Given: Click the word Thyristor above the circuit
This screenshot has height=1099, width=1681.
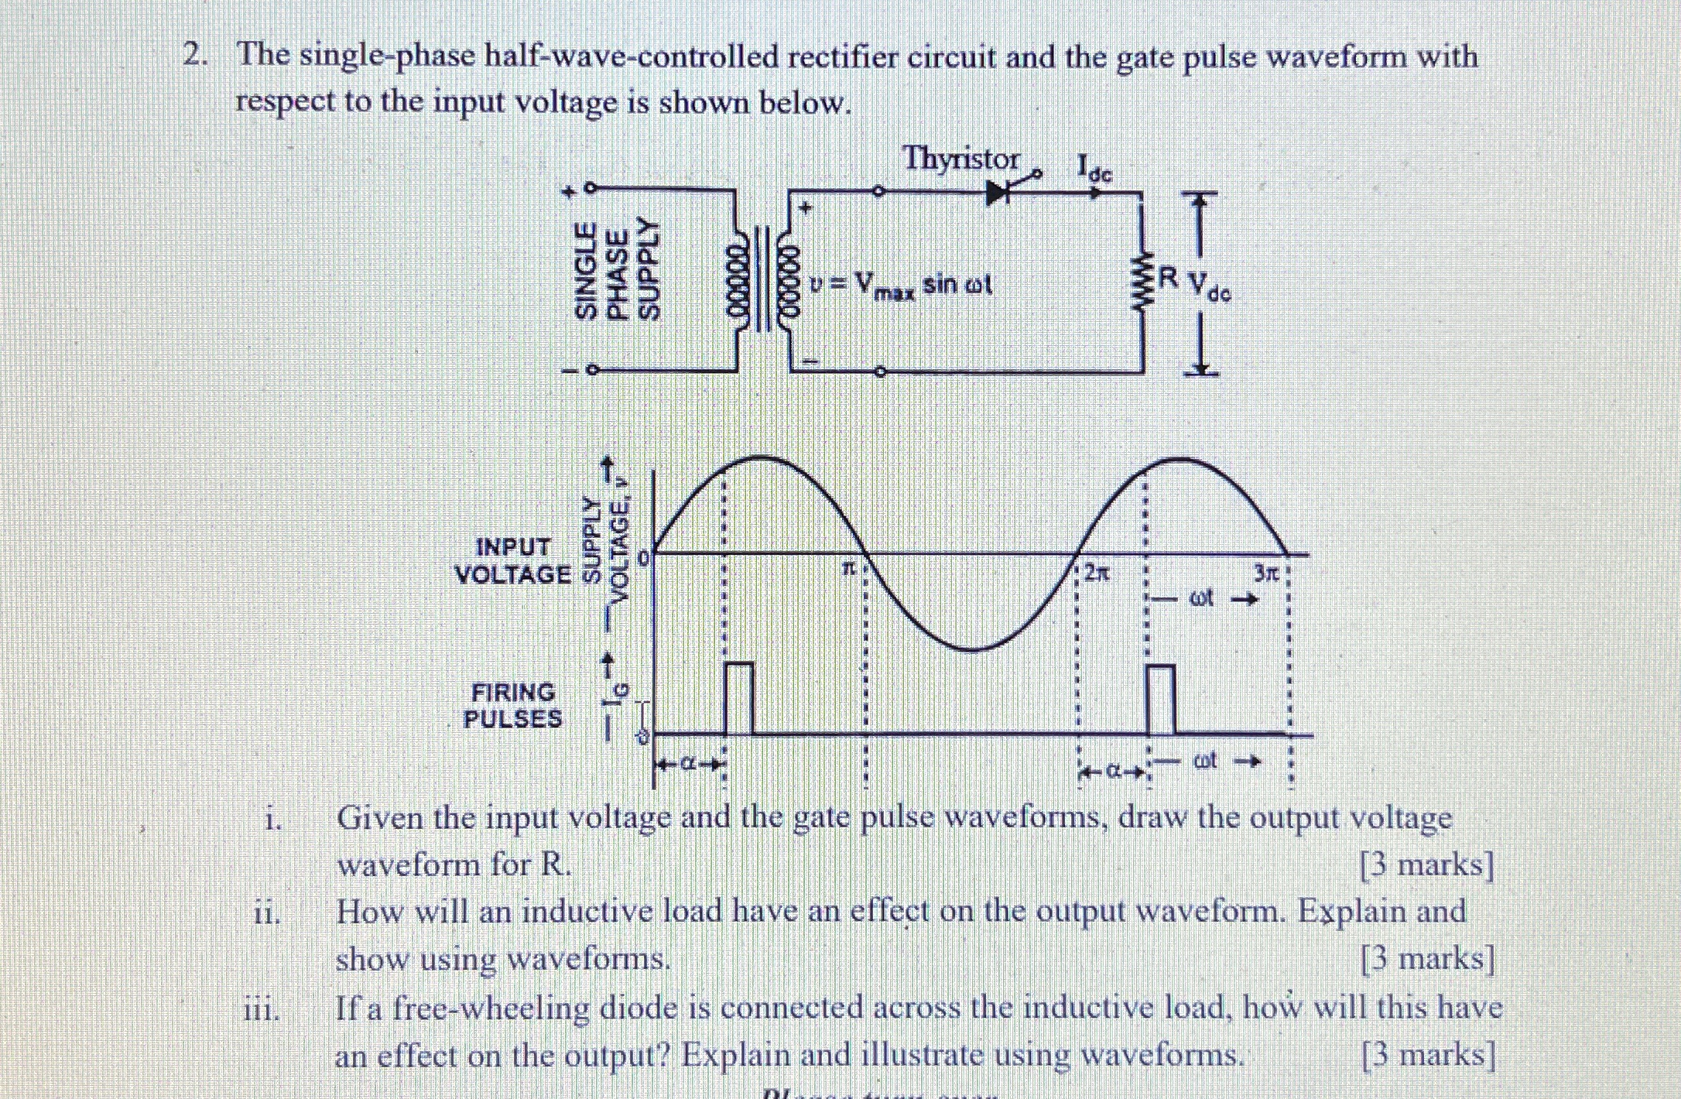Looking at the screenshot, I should [x=961, y=159].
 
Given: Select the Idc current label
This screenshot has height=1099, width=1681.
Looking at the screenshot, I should [x=1094, y=168].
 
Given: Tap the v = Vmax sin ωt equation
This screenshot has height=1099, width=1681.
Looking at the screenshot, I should [x=900, y=286].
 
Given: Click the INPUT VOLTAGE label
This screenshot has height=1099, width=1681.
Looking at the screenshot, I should [x=513, y=561].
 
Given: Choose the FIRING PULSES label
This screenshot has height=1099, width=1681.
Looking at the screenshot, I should [x=513, y=705].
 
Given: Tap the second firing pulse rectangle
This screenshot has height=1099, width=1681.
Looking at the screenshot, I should [x=1160, y=699].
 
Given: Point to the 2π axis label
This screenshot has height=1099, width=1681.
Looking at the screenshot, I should [x=1097, y=573].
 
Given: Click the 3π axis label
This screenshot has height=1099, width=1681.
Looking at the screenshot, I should [x=1265, y=573].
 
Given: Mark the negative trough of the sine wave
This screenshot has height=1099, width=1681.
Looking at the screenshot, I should [x=972, y=649].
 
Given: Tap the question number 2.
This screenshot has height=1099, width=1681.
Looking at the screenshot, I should [x=193, y=56].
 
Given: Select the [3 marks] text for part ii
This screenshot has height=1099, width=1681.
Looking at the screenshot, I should [x=1427, y=959].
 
